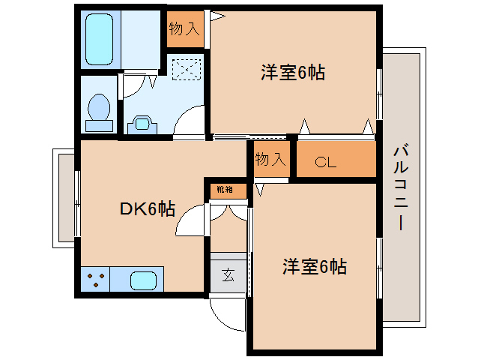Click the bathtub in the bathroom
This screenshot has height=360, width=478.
tap(100, 38)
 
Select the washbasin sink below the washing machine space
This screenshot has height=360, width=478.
tap(140, 123)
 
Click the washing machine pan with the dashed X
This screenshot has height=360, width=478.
tap(187, 70)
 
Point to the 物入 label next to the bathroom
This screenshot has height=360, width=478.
tap(184, 29)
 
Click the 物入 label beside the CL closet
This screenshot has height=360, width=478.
tap(270, 159)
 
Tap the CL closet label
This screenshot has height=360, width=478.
tap(325, 161)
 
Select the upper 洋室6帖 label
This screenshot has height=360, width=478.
tap(292, 73)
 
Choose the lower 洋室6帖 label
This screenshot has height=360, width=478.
tap(314, 265)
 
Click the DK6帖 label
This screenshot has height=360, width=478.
tap(148, 209)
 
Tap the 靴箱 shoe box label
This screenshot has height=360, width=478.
tap(225, 190)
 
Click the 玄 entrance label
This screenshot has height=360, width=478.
tap(228, 274)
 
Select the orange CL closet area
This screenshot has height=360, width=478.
tap(336, 160)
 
